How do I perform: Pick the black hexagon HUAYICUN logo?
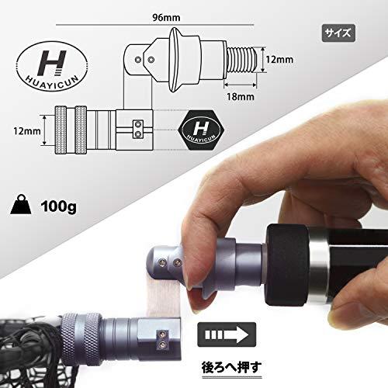(201, 130)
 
